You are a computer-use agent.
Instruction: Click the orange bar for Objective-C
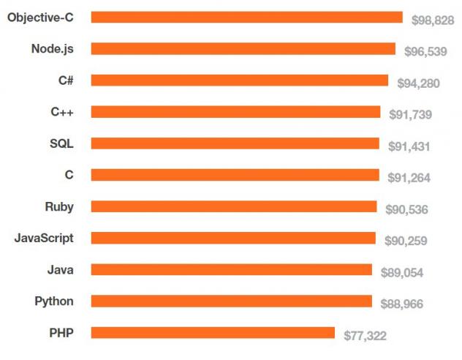(247, 18)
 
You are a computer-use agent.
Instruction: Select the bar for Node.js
(243, 49)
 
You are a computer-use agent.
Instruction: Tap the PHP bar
(213, 333)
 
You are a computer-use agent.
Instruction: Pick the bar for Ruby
(234, 206)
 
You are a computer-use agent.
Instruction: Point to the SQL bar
(235, 143)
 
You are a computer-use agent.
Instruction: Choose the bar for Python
(232, 301)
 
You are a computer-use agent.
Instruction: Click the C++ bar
(235, 112)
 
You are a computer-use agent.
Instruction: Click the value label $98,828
(432, 20)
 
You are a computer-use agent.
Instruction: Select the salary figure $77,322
(365, 336)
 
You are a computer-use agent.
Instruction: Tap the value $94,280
(418, 83)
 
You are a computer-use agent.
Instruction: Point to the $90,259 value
(406, 241)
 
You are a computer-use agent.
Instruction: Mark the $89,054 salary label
(402, 272)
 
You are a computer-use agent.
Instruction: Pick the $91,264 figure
(409, 178)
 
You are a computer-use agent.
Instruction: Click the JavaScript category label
(44, 238)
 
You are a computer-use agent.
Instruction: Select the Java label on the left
(60, 269)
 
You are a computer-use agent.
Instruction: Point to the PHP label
(61, 332)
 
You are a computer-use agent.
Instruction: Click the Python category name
(54, 301)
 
